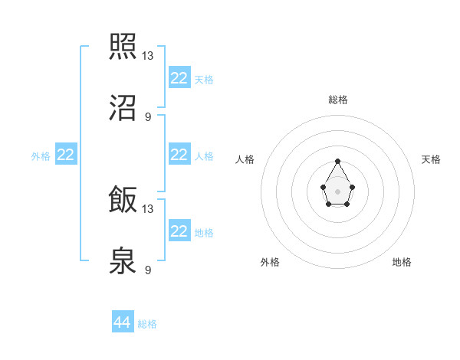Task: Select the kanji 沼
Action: (x=123, y=108)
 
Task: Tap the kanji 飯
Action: (x=123, y=201)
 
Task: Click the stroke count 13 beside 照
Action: (x=149, y=55)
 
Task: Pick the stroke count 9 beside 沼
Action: (x=148, y=116)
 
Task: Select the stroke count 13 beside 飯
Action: (x=149, y=208)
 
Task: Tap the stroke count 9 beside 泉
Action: (x=148, y=270)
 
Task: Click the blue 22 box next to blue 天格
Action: (x=179, y=78)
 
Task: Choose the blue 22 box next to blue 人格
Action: (x=179, y=155)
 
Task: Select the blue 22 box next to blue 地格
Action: (x=179, y=231)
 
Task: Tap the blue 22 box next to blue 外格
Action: (x=66, y=155)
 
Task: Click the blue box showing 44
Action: (x=123, y=322)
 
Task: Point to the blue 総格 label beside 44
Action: (x=147, y=324)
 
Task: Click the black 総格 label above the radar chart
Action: (x=338, y=100)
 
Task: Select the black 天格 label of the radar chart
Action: (x=431, y=159)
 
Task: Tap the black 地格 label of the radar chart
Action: (x=402, y=262)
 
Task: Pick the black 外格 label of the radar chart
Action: (x=270, y=262)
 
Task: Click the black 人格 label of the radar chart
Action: (x=245, y=159)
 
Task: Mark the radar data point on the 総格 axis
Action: (x=337, y=161)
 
